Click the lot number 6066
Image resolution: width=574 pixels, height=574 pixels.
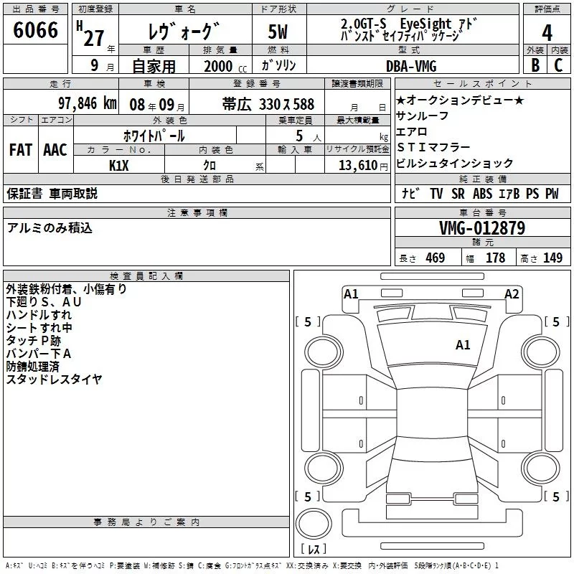tap(36, 32)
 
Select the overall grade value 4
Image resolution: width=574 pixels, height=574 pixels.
tap(547, 32)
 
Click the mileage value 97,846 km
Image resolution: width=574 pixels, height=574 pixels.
tap(88, 103)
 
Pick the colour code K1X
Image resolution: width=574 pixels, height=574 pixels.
tap(119, 164)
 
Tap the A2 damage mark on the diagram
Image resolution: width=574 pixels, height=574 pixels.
tap(512, 293)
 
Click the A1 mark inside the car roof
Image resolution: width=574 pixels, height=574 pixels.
tap(463, 345)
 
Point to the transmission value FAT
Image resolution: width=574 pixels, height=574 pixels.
tap(20, 150)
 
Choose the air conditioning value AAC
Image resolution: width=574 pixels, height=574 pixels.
tap(55, 150)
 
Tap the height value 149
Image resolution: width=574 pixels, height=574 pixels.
tap(552, 258)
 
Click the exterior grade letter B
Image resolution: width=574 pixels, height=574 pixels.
tap(535, 65)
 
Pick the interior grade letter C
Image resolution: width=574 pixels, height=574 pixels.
tap(559, 65)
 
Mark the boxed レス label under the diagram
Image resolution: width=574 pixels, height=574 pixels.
tap(314, 549)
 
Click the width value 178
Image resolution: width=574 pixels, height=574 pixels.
tap(496, 258)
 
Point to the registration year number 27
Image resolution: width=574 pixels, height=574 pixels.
tap(94, 37)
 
